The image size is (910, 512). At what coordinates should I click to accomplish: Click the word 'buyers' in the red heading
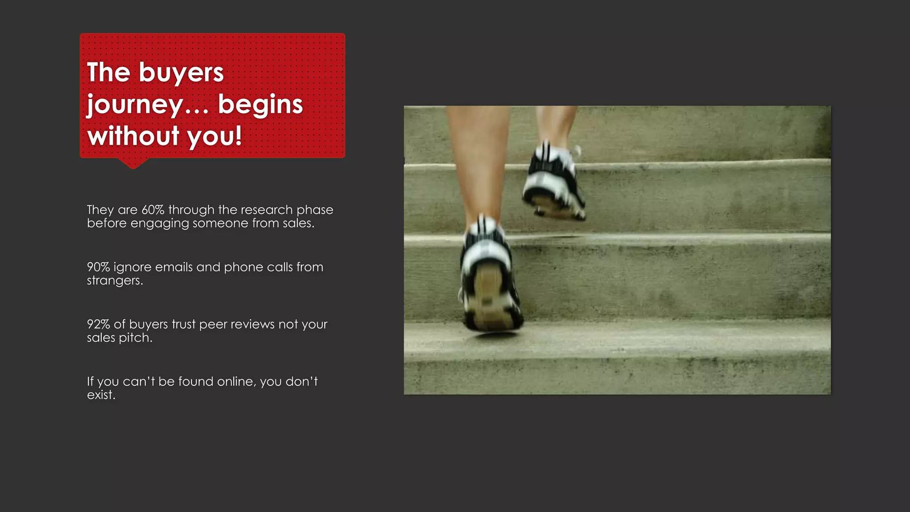coord(181,73)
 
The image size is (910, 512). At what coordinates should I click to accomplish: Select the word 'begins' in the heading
coord(260,104)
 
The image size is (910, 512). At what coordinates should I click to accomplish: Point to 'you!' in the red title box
coord(215,136)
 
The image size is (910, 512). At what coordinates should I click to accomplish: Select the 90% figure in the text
coord(98,267)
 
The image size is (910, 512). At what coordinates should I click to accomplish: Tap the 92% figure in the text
coord(98,324)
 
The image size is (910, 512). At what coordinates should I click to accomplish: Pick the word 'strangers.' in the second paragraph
coord(115,281)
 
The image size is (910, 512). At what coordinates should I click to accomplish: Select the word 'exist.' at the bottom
coord(101,395)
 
